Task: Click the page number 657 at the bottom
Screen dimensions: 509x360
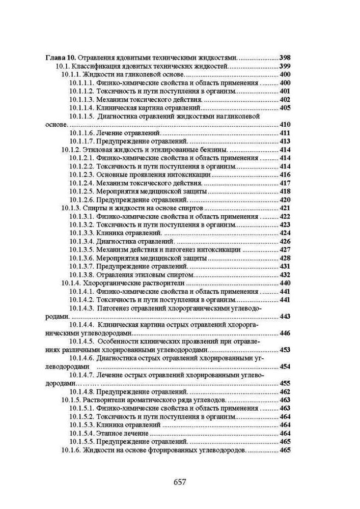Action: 180,481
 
